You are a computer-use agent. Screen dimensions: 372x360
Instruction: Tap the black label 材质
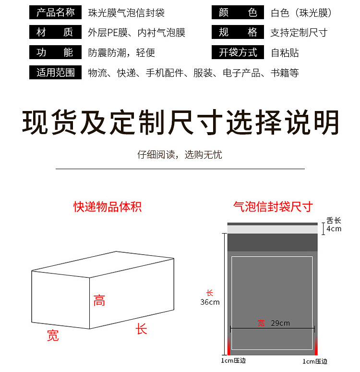[56, 33]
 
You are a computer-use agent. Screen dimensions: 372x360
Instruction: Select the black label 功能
[56, 52]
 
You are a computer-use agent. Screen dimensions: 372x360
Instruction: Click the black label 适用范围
[56, 73]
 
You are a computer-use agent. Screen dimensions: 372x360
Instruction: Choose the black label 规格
[238, 33]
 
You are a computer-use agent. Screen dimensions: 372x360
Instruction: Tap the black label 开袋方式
[238, 52]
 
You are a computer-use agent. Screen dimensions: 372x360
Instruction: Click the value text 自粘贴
[285, 53]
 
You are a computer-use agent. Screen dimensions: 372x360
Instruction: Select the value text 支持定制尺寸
[299, 33]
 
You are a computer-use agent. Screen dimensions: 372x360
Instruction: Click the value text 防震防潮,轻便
[121, 53]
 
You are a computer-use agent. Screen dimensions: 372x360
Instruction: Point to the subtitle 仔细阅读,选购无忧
[180, 155]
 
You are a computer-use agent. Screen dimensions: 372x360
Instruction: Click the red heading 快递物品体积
[107, 207]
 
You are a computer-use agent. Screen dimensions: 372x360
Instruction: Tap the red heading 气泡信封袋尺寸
[273, 207]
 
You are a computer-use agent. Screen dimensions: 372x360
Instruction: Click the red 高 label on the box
[99, 301]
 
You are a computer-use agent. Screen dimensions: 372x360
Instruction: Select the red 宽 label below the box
[53, 335]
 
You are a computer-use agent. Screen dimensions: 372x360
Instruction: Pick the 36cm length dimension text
[210, 302]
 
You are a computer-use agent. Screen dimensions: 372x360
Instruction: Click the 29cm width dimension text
[280, 323]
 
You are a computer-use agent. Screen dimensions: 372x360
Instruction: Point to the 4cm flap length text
[334, 229]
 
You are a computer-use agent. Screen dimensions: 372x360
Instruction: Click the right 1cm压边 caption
[315, 361]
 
